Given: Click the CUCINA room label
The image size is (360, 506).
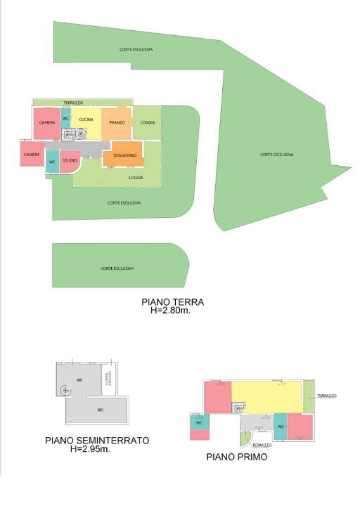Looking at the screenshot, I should (86, 119).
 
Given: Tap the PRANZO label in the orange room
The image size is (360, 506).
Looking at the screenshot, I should (117, 122).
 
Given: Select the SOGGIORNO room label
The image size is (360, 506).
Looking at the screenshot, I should (124, 155).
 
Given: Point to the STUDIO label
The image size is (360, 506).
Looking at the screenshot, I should (70, 161).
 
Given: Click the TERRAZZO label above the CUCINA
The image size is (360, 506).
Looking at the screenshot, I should (72, 103).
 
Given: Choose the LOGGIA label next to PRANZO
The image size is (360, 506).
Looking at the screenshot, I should (148, 122).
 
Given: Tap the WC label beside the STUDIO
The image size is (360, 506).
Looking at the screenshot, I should (52, 162).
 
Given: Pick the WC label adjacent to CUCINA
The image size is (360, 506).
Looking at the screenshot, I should (65, 118).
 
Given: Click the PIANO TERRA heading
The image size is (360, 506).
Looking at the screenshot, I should (173, 302).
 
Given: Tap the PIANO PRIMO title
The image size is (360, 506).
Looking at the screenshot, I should (236, 457).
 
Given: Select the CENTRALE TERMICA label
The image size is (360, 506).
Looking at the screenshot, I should (109, 378).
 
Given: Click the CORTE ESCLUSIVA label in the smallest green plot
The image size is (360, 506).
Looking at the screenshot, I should (117, 268).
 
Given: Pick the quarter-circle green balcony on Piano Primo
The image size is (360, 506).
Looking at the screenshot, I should (245, 440).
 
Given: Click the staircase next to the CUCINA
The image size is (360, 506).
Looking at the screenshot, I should (70, 134).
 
